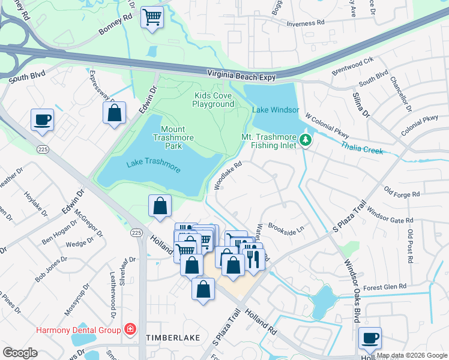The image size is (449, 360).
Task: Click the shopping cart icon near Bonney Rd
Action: [152, 17]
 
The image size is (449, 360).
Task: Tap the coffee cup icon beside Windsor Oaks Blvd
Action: [370, 338]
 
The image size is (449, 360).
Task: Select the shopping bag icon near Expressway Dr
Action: [113, 113]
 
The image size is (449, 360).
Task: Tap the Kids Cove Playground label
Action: [213, 100]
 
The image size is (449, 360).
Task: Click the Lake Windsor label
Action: [271, 110]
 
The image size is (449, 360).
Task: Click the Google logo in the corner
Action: [19, 353]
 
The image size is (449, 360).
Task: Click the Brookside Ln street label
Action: [287, 228]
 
